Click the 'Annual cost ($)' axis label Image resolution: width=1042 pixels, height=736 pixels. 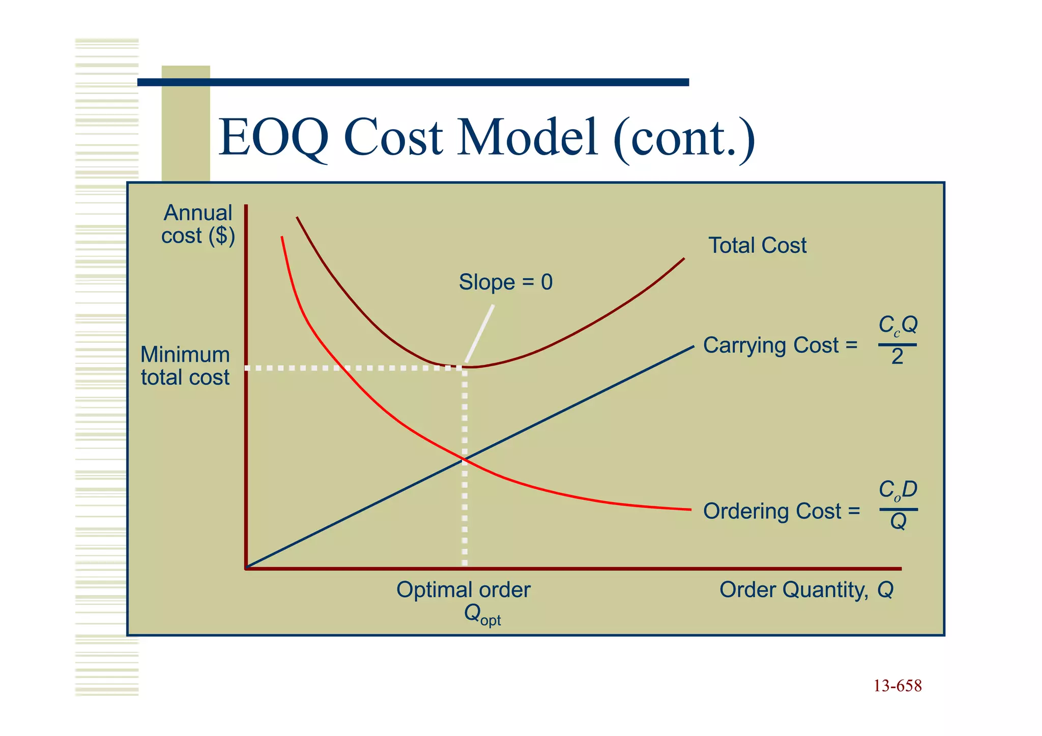pyautogui.click(x=198, y=224)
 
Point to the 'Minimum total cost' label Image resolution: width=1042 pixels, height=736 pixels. pyautogui.click(x=185, y=366)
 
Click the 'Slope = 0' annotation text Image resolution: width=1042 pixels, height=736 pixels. pyautogui.click(x=505, y=282)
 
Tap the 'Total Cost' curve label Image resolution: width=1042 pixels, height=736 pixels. pyautogui.click(x=757, y=246)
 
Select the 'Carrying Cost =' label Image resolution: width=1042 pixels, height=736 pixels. pyautogui.click(x=780, y=345)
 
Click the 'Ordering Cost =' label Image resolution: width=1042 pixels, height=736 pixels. pyautogui.click(x=781, y=511)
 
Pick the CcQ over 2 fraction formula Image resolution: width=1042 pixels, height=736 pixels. pyautogui.click(x=898, y=340)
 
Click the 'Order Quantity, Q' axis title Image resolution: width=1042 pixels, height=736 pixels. pyautogui.click(x=806, y=590)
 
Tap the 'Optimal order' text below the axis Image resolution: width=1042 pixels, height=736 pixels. pyautogui.click(x=463, y=590)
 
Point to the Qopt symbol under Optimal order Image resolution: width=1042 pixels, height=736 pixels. pyautogui.click(x=482, y=614)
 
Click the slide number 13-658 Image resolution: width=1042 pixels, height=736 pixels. pyautogui.click(x=898, y=686)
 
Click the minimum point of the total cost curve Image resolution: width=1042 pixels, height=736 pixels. pyautogui.click(x=466, y=367)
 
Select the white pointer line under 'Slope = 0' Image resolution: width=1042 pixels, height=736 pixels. pyautogui.click(x=480, y=333)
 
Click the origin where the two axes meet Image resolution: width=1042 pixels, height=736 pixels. pyautogui.click(x=246, y=568)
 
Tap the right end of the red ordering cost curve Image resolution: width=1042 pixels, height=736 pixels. pyautogui.click(x=690, y=509)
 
